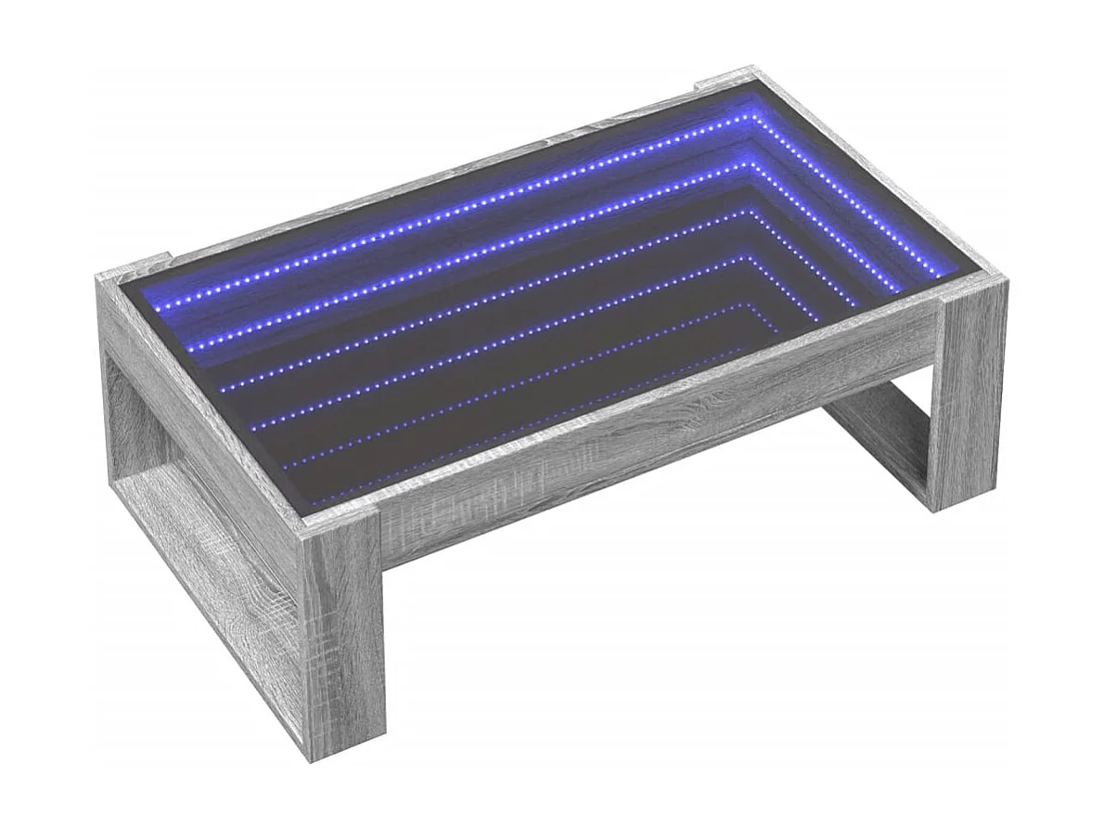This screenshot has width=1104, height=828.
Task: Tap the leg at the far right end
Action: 969,399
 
